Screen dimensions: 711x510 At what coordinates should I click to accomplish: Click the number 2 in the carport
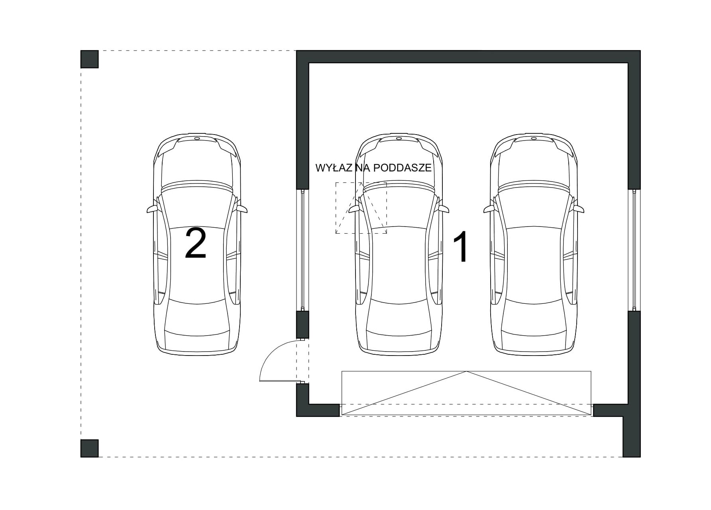click(196, 244)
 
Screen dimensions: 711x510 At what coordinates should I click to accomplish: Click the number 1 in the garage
click(462, 248)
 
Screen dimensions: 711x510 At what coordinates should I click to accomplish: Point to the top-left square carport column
click(90, 59)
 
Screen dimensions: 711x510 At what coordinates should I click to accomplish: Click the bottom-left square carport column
click(90, 448)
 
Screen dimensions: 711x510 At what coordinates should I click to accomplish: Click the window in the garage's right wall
click(634, 250)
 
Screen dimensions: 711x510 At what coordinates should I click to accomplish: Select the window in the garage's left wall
click(302, 250)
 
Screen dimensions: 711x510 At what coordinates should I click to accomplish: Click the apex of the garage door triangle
click(466, 371)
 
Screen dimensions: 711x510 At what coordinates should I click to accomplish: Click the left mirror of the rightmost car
click(489, 209)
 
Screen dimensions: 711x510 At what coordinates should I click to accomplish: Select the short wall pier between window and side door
click(302, 324)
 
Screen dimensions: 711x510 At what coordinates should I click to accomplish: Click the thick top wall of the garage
click(468, 57)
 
